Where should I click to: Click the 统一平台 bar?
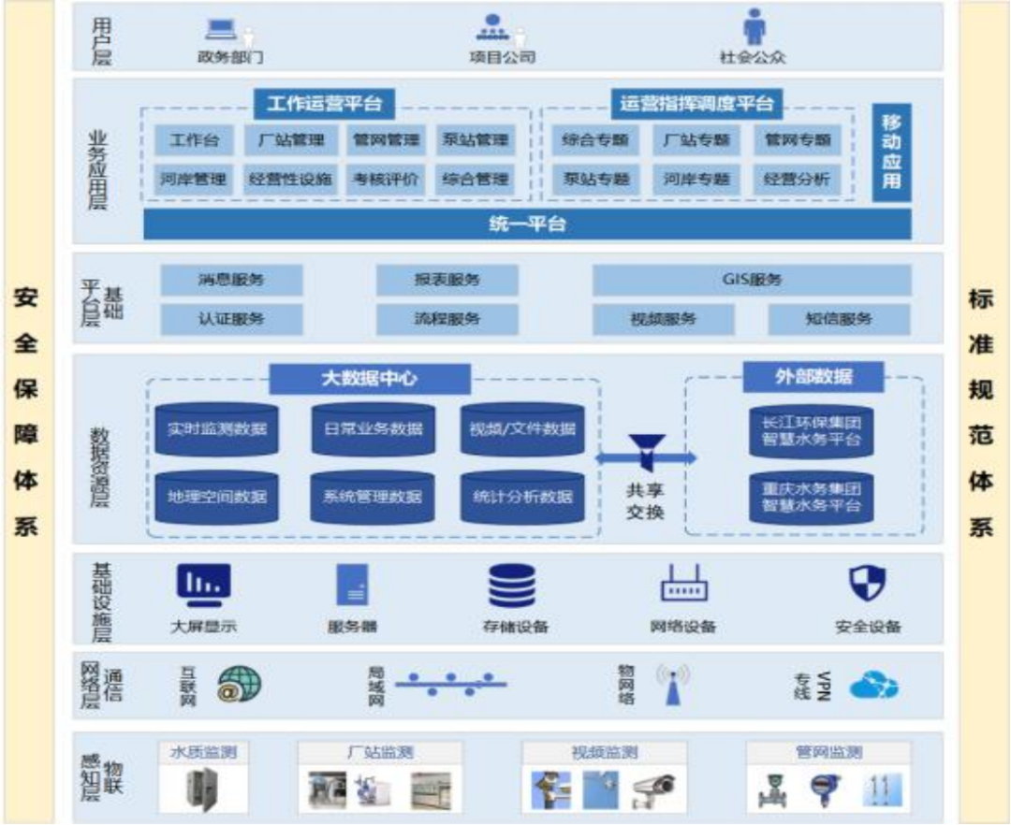pyautogui.click(x=527, y=224)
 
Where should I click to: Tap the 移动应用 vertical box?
pyautogui.click(x=890, y=152)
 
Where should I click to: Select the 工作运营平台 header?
pyautogui.click(x=324, y=103)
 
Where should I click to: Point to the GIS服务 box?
pyautogui.click(x=752, y=280)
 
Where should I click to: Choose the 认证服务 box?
pyautogui.click(x=231, y=318)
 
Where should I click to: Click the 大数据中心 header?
pyautogui.click(x=370, y=378)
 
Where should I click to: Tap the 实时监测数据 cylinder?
pyautogui.click(x=216, y=428)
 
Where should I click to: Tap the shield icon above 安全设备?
pyautogui.click(x=867, y=584)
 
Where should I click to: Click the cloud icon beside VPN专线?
pyautogui.click(x=872, y=687)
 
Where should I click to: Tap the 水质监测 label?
pyautogui.click(x=202, y=752)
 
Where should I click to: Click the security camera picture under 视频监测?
pyautogui.click(x=652, y=790)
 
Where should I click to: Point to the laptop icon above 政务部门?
pyautogui.click(x=222, y=30)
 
